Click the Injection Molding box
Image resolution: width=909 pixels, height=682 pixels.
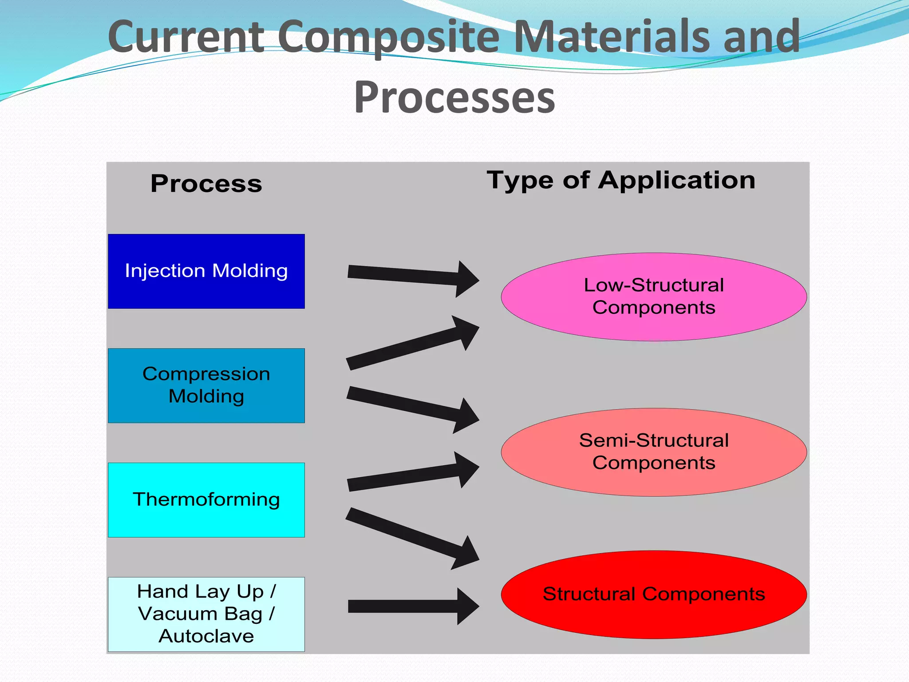(x=206, y=271)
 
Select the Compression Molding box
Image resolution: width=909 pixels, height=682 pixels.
(x=206, y=385)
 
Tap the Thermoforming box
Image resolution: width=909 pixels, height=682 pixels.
(x=206, y=500)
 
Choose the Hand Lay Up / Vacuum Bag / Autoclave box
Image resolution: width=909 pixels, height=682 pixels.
(x=206, y=614)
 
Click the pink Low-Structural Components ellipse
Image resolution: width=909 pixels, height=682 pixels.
(x=654, y=297)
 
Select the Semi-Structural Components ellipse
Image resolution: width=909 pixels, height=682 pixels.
(x=654, y=452)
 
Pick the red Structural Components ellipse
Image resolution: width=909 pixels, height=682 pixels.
(x=654, y=595)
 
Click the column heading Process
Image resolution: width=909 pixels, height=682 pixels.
(x=206, y=184)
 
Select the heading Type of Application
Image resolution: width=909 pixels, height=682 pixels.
(x=621, y=180)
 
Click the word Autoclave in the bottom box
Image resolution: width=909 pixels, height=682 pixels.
(x=206, y=636)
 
